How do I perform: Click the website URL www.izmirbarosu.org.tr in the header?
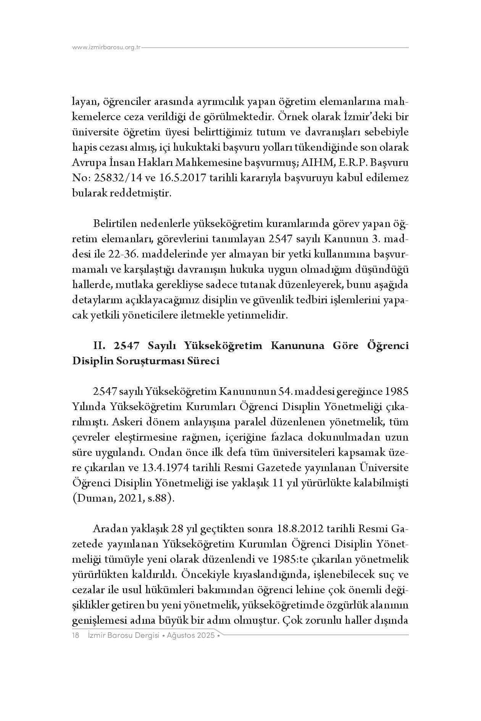(x=107, y=48)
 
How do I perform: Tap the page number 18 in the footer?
(x=76, y=636)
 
